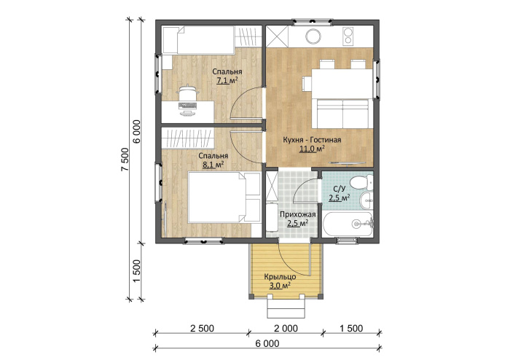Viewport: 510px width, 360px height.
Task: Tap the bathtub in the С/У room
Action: pos(348,224)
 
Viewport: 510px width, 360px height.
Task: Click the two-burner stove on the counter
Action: pos(348,36)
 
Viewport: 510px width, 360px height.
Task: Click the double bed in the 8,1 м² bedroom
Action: pos(224,197)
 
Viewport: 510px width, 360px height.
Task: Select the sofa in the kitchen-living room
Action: pos(342,114)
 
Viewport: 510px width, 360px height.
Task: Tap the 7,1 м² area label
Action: pos(227,80)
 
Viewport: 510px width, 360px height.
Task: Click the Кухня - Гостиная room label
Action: pos(312,140)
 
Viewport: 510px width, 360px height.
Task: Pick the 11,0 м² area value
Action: pos(313,149)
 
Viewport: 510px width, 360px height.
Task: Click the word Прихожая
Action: pos(298,215)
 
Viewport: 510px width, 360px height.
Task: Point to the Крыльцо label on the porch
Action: pos(280,277)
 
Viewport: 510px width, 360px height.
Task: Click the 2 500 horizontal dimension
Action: pos(202,329)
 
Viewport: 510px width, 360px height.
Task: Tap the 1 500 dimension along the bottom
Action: pos(351,329)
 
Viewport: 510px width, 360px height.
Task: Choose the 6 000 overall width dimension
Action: pos(267,343)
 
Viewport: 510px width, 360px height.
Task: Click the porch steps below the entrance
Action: pos(286,308)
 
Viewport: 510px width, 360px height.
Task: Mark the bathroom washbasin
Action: pos(367,200)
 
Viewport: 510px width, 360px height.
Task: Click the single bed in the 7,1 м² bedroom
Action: pos(198,40)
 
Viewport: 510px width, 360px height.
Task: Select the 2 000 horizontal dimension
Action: pos(286,329)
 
